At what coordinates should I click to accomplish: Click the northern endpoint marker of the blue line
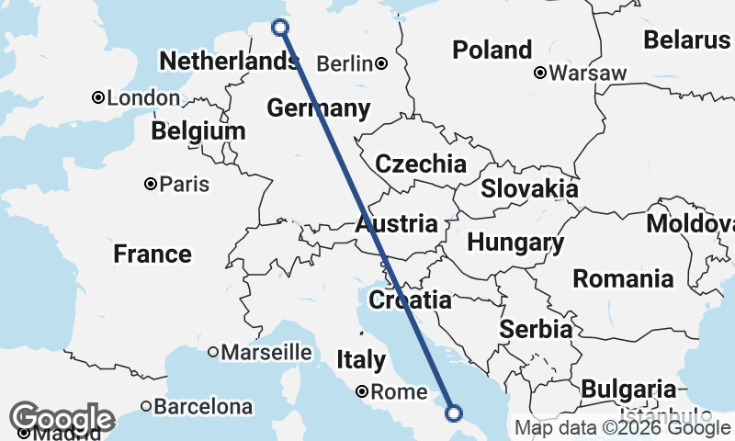click(x=281, y=28)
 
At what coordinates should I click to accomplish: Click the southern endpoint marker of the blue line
click(x=453, y=413)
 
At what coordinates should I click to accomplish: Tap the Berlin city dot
click(x=380, y=63)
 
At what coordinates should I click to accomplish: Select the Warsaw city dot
click(x=541, y=73)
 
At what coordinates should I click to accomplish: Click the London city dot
click(x=97, y=97)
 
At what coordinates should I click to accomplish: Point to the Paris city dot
click(x=151, y=184)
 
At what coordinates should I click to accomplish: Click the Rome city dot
click(x=363, y=391)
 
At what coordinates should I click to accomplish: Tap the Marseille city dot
click(x=212, y=352)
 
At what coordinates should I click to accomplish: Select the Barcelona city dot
click(x=146, y=405)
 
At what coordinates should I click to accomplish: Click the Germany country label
click(x=319, y=108)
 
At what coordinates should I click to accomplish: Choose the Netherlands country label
click(x=228, y=62)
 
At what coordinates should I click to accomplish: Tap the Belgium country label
click(x=198, y=131)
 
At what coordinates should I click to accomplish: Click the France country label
click(x=153, y=254)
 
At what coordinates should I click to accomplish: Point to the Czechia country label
click(x=422, y=164)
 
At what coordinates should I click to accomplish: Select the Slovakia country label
click(x=530, y=188)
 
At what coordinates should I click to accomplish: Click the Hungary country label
click(x=515, y=243)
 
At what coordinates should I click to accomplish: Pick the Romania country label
click(x=623, y=277)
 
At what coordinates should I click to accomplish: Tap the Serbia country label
click(x=537, y=329)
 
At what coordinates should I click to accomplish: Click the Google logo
click(x=62, y=420)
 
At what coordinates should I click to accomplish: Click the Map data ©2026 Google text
click(x=621, y=427)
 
